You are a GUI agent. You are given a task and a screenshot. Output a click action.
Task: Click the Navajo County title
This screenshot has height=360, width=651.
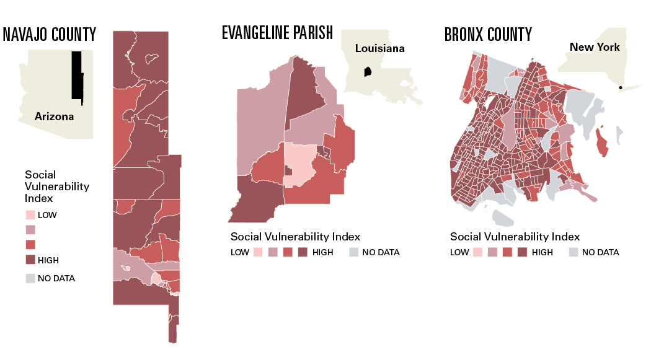point(50,34)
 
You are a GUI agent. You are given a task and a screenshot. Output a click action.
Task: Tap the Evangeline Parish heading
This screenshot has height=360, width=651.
point(277,33)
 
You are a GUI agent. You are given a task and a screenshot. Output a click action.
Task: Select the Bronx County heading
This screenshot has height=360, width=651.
point(488,34)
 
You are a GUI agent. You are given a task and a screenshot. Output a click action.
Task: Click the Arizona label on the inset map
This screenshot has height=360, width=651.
point(54,116)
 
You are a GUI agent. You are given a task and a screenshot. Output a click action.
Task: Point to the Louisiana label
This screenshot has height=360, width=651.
point(379,48)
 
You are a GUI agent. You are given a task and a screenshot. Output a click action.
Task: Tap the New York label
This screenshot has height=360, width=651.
point(595,47)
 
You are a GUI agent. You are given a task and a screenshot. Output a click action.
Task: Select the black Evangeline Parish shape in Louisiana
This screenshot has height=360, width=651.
point(368,72)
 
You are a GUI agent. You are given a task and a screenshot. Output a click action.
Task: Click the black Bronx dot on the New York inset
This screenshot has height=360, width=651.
point(621,87)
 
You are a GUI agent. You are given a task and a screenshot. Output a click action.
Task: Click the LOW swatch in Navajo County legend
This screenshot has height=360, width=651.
point(30,216)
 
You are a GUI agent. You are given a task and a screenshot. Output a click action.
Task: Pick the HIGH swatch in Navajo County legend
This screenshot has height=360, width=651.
point(30,260)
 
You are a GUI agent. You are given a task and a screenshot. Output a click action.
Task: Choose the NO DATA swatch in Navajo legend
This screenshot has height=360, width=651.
point(30,278)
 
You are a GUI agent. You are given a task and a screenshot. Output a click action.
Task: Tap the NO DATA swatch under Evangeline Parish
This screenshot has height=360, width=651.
point(353,252)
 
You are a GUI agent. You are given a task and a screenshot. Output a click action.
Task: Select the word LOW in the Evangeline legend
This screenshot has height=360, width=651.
point(240,252)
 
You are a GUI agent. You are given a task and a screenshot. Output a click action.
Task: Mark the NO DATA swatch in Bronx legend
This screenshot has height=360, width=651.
point(573,252)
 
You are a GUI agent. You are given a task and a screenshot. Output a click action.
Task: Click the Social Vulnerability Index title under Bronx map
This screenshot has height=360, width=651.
point(515,237)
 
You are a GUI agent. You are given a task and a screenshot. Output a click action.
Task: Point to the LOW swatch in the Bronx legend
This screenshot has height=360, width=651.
point(478,252)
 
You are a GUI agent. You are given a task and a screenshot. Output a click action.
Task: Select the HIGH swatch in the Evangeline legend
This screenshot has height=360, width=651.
point(303,252)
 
